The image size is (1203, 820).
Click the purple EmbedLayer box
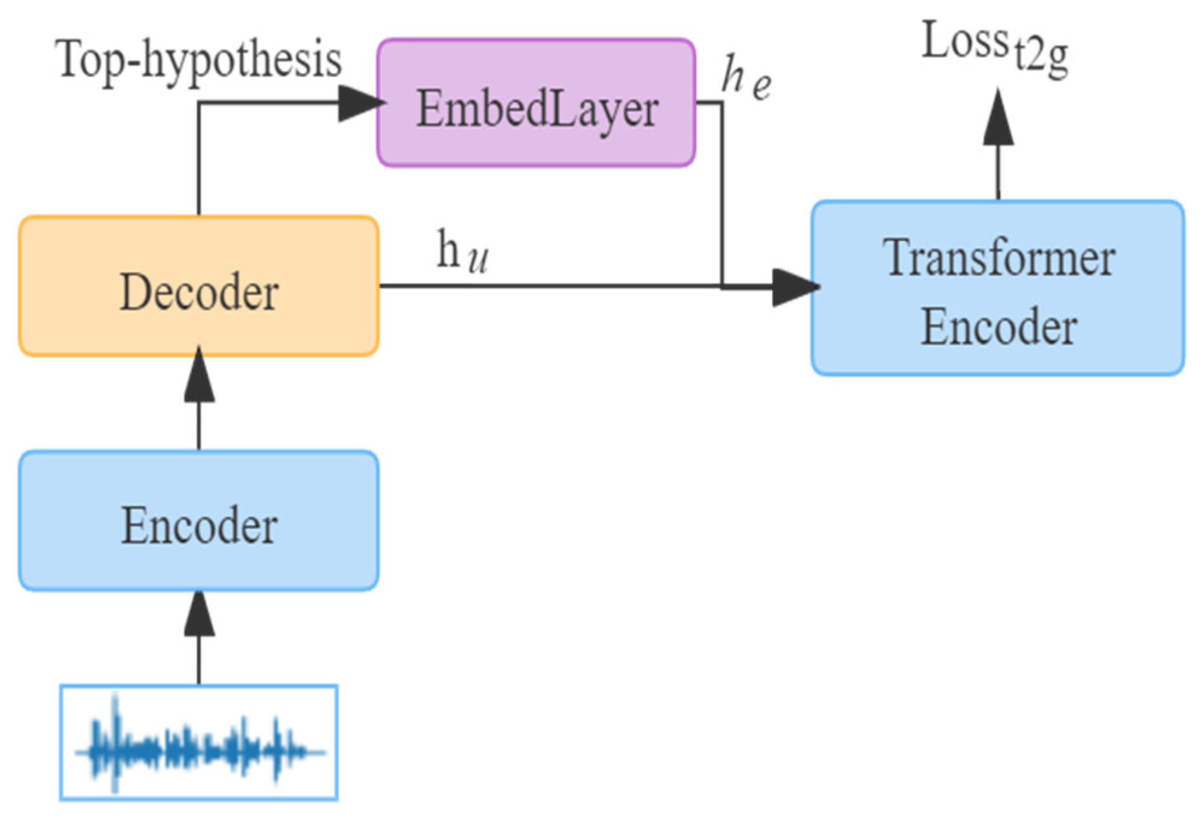536,102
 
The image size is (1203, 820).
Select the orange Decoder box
199,286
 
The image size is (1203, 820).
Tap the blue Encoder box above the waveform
199,521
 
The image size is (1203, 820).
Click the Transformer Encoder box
997,288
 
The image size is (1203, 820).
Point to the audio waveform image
199,742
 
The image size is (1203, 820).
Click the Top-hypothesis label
199,59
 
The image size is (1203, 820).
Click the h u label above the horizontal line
462,252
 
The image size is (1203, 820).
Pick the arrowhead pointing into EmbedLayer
360,103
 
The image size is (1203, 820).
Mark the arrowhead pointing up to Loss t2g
998,117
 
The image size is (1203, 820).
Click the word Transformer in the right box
999,258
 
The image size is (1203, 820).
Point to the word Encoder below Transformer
999,327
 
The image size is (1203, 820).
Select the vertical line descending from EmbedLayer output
721,193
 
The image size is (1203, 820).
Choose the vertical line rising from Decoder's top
199,160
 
